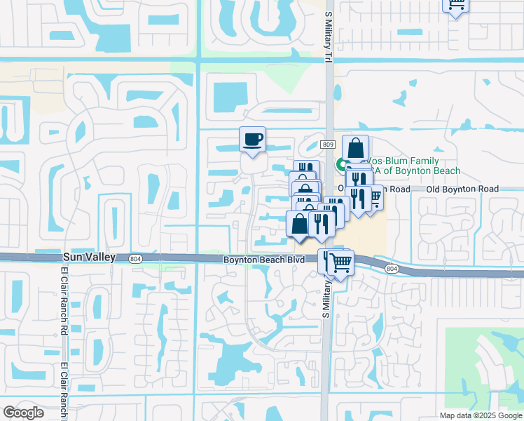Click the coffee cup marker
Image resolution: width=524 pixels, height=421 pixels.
pyautogui.click(x=252, y=139)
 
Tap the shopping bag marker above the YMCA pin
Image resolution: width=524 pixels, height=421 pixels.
pyautogui.click(x=355, y=148)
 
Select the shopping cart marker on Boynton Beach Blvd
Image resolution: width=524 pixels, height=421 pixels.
pyautogui.click(x=341, y=264)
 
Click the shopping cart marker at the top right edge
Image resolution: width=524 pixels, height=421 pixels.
pyautogui.click(x=455, y=4)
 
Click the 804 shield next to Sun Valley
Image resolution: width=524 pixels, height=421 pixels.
pyautogui.click(x=135, y=259)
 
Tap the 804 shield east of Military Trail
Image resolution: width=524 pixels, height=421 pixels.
pyautogui.click(x=391, y=268)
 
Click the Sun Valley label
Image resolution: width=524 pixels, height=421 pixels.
pyautogui.click(x=88, y=258)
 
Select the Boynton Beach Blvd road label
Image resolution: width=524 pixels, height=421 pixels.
pyautogui.click(x=264, y=260)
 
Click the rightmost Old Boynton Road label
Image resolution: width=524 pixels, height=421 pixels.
pyautogui.click(x=462, y=189)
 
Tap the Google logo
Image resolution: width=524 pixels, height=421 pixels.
pyautogui.click(x=23, y=413)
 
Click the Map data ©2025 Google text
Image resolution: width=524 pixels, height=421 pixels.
pyautogui.click(x=480, y=415)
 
